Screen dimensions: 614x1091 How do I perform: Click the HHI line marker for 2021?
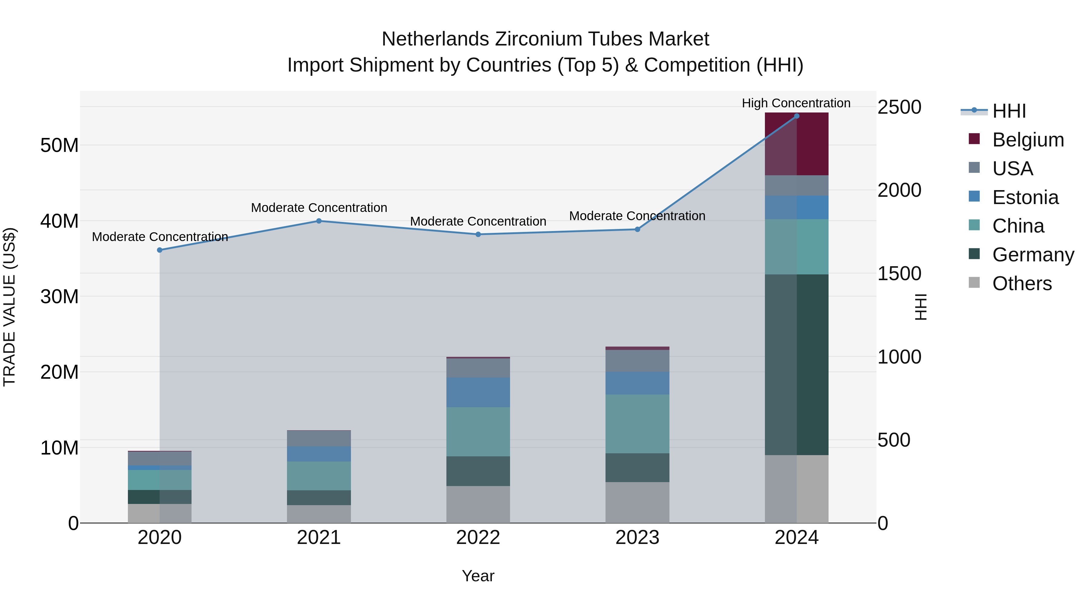click(319, 221)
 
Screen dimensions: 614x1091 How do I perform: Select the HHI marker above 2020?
click(160, 250)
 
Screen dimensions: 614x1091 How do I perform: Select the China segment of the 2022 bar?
click(478, 431)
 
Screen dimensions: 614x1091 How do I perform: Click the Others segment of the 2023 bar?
click(637, 502)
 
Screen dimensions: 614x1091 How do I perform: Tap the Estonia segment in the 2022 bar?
click(478, 392)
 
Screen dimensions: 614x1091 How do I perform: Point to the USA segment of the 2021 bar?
click(319, 438)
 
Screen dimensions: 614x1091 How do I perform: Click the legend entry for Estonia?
click(1025, 197)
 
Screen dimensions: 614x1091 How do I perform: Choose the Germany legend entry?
click(1033, 255)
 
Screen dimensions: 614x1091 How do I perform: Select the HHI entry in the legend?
click(1009, 111)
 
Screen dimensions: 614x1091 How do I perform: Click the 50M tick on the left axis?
click(59, 145)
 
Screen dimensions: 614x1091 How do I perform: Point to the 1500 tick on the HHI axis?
click(899, 273)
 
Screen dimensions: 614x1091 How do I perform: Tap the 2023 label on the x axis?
click(637, 538)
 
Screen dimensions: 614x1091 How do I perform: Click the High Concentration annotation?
click(796, 103)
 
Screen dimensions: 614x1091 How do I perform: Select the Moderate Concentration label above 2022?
click(478, 221)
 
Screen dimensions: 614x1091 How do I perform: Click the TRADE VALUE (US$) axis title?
click(9, 307)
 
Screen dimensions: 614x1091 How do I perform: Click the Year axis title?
click(478, 576)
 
